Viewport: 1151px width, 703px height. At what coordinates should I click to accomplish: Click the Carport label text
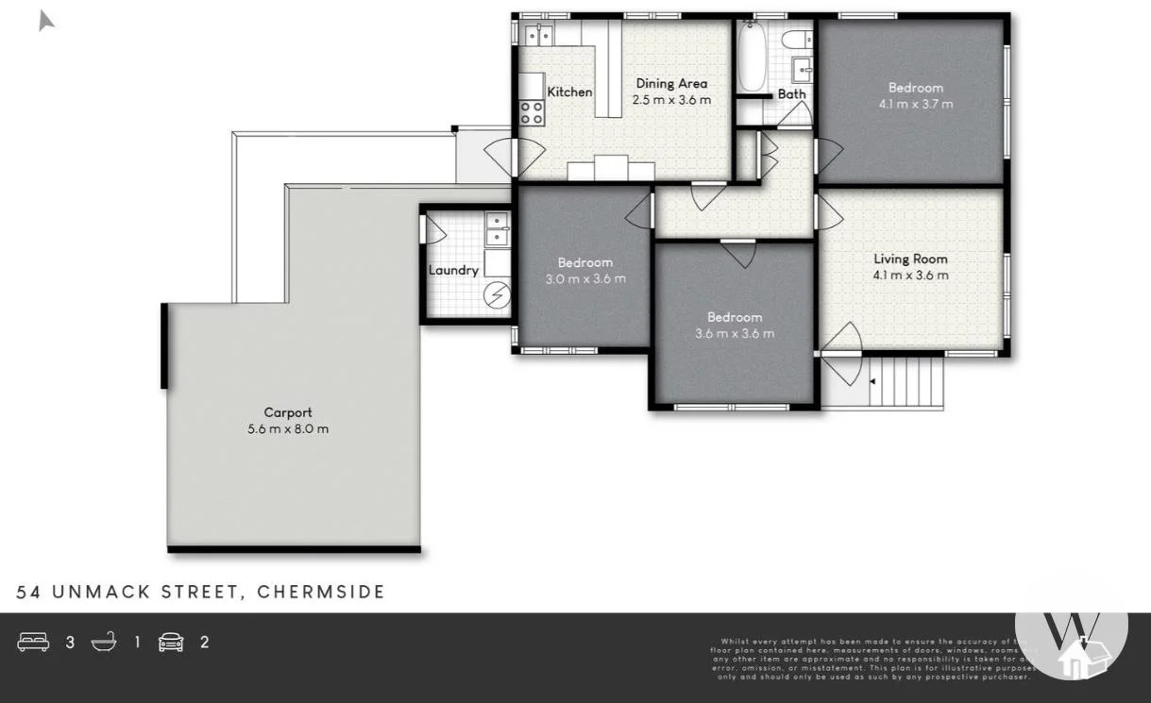287,412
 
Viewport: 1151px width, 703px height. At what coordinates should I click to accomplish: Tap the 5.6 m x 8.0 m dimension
287,428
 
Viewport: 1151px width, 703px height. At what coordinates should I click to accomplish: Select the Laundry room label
453,270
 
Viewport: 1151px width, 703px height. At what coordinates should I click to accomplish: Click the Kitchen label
569,92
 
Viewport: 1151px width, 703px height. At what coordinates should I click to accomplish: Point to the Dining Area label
670,83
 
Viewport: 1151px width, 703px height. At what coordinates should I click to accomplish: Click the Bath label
791,93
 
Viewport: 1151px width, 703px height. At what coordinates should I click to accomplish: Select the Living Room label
910,259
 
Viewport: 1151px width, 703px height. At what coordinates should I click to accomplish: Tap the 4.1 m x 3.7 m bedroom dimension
915,104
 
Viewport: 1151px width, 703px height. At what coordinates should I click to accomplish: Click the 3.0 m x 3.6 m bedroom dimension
585,278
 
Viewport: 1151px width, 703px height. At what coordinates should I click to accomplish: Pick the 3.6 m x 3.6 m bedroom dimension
735,333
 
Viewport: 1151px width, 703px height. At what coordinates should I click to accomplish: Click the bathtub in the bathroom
752,57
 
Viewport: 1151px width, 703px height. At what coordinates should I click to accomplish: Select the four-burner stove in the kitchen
533,113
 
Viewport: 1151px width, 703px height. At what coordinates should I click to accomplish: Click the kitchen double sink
539,35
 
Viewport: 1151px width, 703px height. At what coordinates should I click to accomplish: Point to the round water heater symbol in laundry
497,296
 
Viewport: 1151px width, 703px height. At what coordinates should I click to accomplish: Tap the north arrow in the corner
45,20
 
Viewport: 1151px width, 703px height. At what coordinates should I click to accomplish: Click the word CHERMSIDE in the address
321,592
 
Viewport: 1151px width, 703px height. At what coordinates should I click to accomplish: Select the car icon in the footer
171,643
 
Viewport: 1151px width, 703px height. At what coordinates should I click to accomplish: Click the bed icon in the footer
34,643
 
